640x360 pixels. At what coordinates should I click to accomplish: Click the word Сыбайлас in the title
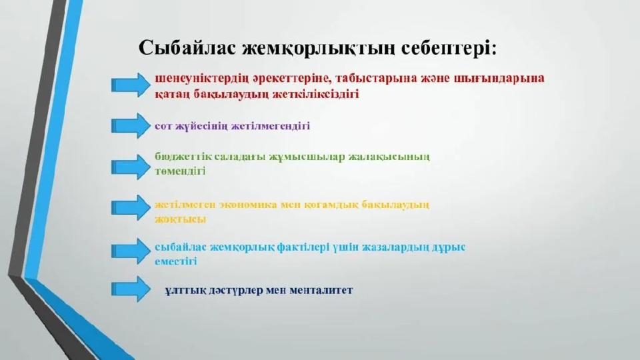[187, 48]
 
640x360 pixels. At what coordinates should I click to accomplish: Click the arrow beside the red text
[131, 85]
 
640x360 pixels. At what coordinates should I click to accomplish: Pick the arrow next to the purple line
[131, 125]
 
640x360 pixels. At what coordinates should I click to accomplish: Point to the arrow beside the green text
[131, 167]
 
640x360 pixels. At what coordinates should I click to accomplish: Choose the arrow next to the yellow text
[131, 207]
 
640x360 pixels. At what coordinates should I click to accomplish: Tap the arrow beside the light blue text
[131, 251]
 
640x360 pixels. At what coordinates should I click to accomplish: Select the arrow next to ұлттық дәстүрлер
[131, 289]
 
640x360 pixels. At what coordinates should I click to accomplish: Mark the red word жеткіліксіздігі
[316, 94]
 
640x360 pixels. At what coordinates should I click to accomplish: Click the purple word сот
[163, 126]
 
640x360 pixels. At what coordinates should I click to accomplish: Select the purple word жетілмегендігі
[271, 126]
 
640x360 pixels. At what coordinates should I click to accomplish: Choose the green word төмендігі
[180, 171]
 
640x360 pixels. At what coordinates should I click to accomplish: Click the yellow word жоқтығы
[181, 219]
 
